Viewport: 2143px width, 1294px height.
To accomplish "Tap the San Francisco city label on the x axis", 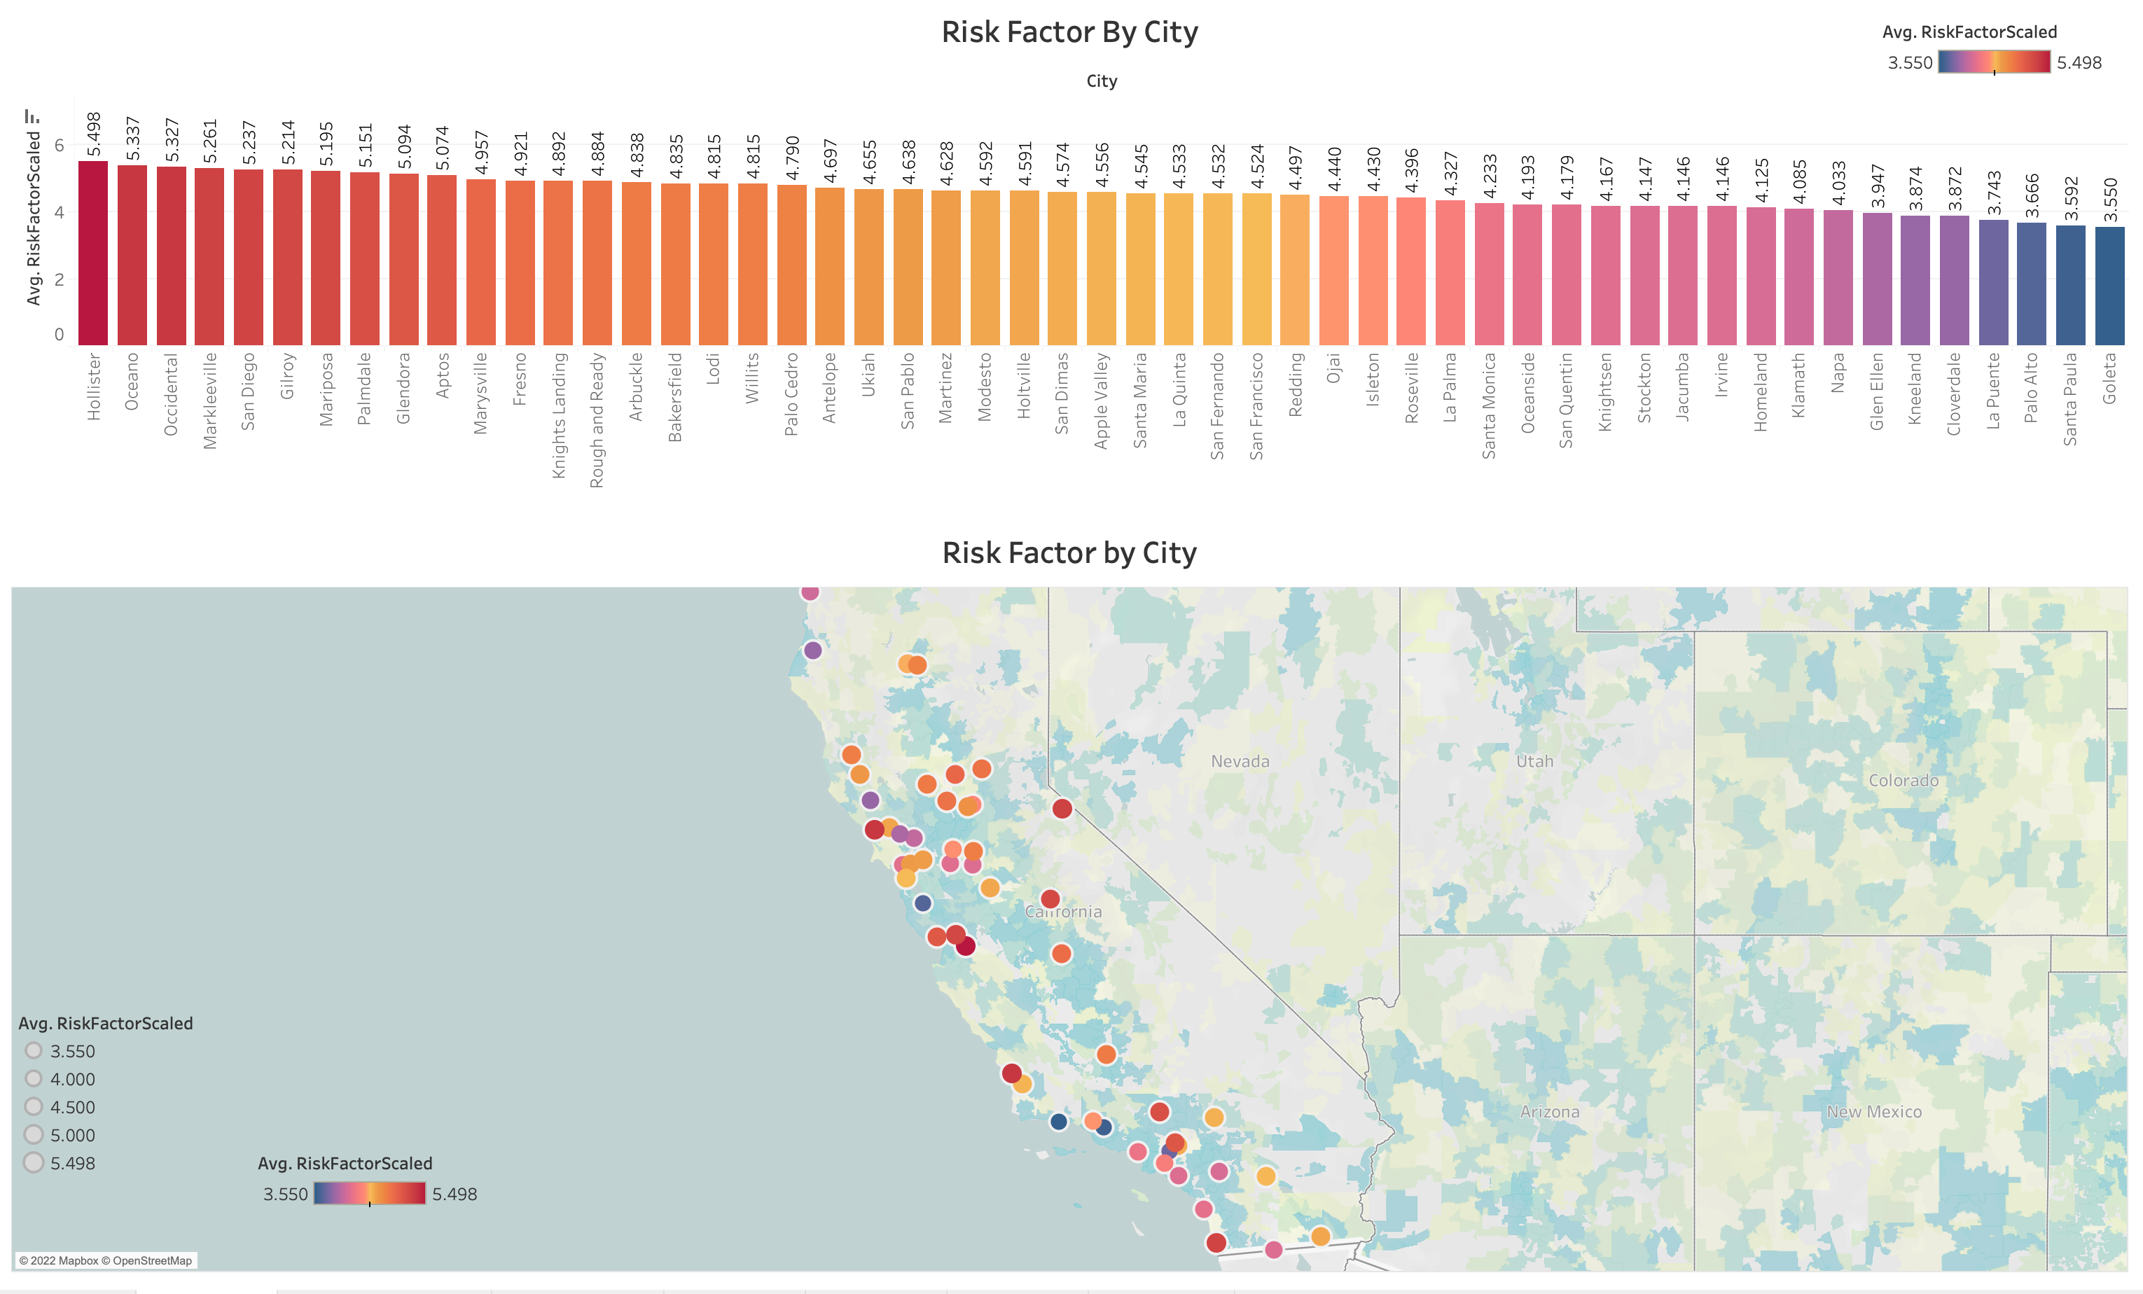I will [x=1256, y=405].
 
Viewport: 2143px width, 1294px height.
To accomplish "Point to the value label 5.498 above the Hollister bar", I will [x=94, y=134].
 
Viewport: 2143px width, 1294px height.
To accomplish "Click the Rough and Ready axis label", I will [x=597, y=419].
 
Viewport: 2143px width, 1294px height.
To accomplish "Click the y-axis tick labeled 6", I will [x=59, y=145].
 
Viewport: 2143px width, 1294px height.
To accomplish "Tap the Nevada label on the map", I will [x=1240, y=761].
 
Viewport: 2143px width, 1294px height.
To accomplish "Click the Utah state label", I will [x=1534, y=761].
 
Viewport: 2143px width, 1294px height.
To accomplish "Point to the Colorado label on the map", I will [x=1903, y=780].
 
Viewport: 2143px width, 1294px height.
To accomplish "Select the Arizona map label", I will [x=1549, y=1111].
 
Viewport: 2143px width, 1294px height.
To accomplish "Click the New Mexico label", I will [x=1873, y=1111].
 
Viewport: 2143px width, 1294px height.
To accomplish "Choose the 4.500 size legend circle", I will [x=34, y=1106].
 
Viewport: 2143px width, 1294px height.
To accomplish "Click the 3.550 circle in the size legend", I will [x=34, y=1050].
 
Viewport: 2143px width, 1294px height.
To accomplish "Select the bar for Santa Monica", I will [x=1489, y=273].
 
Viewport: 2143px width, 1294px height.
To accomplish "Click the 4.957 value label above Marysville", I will [x=482, y=152].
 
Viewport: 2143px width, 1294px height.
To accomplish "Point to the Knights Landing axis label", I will [x=558, y=414].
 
